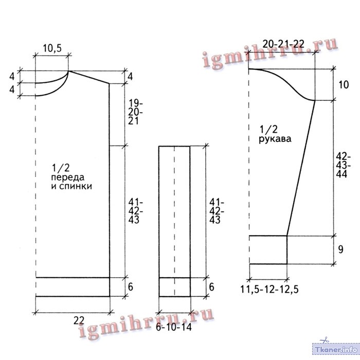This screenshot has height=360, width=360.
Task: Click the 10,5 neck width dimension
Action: (52, 48)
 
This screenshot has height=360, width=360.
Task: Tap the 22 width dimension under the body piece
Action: (79, 320)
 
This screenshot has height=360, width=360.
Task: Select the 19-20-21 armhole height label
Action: (135, 112)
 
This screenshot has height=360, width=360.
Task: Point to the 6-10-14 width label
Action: (174, 327)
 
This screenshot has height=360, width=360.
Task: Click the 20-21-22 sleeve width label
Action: (283, 44)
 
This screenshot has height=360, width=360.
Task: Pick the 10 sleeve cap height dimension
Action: (344, 85)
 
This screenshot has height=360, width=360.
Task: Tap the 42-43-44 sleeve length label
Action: (343, 165)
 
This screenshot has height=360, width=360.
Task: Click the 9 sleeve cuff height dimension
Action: (340, 249)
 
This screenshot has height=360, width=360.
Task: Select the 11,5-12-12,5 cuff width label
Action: (269, 289)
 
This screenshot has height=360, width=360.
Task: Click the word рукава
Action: (275, 139)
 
